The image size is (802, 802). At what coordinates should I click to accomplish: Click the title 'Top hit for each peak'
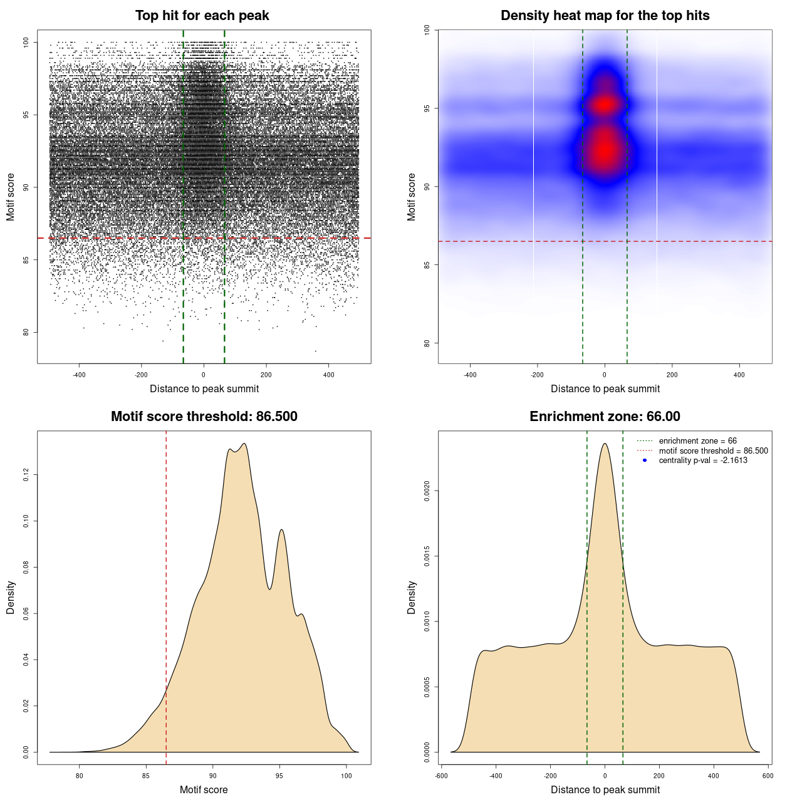pos(202,16)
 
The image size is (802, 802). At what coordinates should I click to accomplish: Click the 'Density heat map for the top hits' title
pos(605,16)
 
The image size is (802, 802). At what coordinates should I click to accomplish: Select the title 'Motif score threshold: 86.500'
pos(204,417)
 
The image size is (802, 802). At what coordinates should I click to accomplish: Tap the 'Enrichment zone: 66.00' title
pos(605,417)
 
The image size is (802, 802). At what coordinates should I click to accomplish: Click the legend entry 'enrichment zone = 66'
pos(697,441)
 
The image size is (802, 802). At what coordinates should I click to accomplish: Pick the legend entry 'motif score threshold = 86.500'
pos(713,450)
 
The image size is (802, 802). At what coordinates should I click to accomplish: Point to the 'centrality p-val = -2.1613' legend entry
pos(703,461)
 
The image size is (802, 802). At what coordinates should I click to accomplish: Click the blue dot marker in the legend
pos(645,461)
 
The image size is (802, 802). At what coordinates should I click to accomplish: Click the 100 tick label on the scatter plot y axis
pos(26,42)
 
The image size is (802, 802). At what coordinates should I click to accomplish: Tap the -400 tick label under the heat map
pos(470,375)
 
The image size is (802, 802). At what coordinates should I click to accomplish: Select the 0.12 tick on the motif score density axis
pos(26,476)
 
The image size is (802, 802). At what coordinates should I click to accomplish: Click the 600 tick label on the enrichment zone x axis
pos(768,776)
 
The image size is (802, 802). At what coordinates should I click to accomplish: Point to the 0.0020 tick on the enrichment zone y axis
pos(427,491)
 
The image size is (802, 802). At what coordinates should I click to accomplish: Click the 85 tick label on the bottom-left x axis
pos(146,776)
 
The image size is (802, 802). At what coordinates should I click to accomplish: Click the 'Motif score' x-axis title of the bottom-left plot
pos(204,789)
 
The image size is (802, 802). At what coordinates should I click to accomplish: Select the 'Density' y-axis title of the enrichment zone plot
pos(412,597)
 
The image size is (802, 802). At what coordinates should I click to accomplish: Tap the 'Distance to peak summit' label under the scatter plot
pos(204,388)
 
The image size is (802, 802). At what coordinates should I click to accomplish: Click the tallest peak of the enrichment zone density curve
pos(605,444)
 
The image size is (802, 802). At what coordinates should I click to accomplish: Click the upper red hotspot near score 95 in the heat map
pos(605,105)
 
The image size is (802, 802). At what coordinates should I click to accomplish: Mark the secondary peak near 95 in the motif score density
pos(282,530)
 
